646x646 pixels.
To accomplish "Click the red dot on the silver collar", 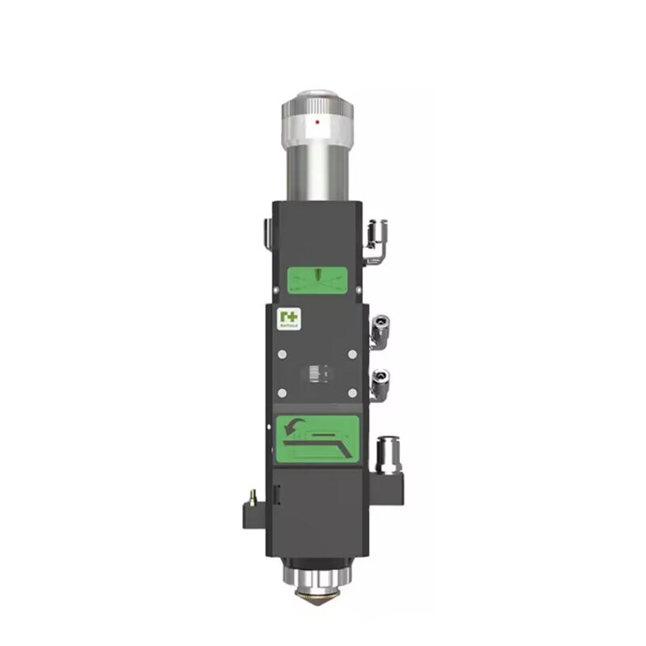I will pyautogui.click(x=318, y=122).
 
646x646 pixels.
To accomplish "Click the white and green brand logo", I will pyautogui.click(x=288, y=317).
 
